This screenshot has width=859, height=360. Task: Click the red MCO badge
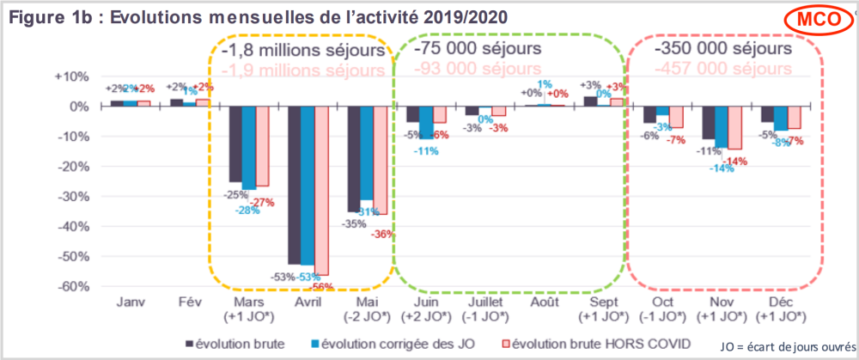pyautogui.click(x=813, y=19)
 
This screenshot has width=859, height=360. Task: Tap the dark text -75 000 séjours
pyautogui.click(x=478, y=48)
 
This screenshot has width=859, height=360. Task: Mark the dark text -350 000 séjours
pyautogui.click(x=722, y=48)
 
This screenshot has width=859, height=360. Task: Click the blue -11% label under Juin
pyautogui.click(x=427, y=151)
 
